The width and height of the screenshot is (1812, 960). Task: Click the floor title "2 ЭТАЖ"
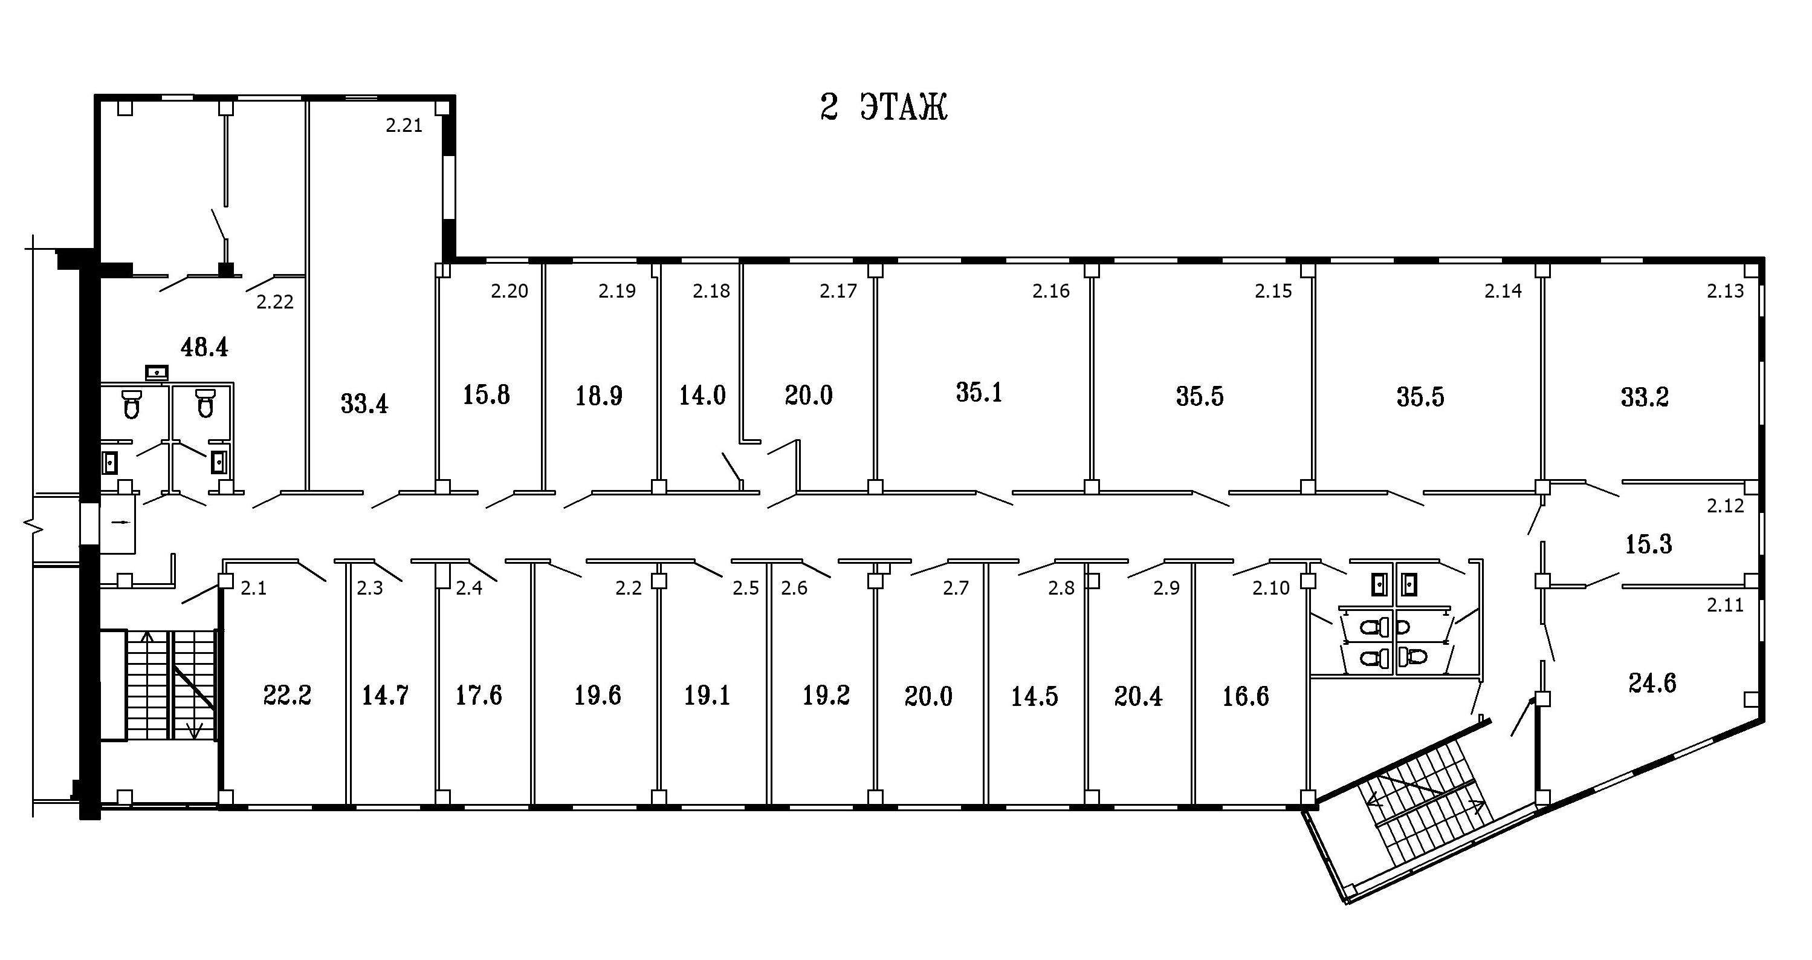click(x=884, y=108)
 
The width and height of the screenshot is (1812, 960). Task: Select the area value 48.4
click(x=204, y=347)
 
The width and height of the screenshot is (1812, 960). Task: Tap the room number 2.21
click(x=404, y=125)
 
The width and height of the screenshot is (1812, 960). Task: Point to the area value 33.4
click(x=364, y=404)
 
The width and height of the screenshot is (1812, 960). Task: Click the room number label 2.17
click(x=838, y=291)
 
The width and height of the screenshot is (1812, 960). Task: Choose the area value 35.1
click(x=979, y=392)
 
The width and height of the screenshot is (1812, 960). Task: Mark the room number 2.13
click(x=1726, y=291)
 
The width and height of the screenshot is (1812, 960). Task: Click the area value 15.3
click(x=1649, y=544)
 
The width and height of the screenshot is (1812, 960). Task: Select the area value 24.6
click(x=1652, y=683)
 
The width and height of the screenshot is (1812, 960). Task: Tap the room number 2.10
click(x=1271, y=588)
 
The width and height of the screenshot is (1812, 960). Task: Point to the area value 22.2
click(x=287, y=696)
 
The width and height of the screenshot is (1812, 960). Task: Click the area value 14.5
click(x=1035, y=696)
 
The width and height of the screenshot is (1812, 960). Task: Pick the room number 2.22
click(x=274, y=302)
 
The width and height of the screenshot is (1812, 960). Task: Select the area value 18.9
click(x=598, y=396)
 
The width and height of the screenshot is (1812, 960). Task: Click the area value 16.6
click(x=1246, y=696)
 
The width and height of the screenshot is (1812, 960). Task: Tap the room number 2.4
click(x=469, y=588)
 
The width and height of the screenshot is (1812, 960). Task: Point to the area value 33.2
click(x=1645, y=397)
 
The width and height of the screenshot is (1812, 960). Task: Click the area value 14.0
click(x=702, y=396)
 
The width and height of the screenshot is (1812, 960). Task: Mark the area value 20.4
click(x=1138, y=696)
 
